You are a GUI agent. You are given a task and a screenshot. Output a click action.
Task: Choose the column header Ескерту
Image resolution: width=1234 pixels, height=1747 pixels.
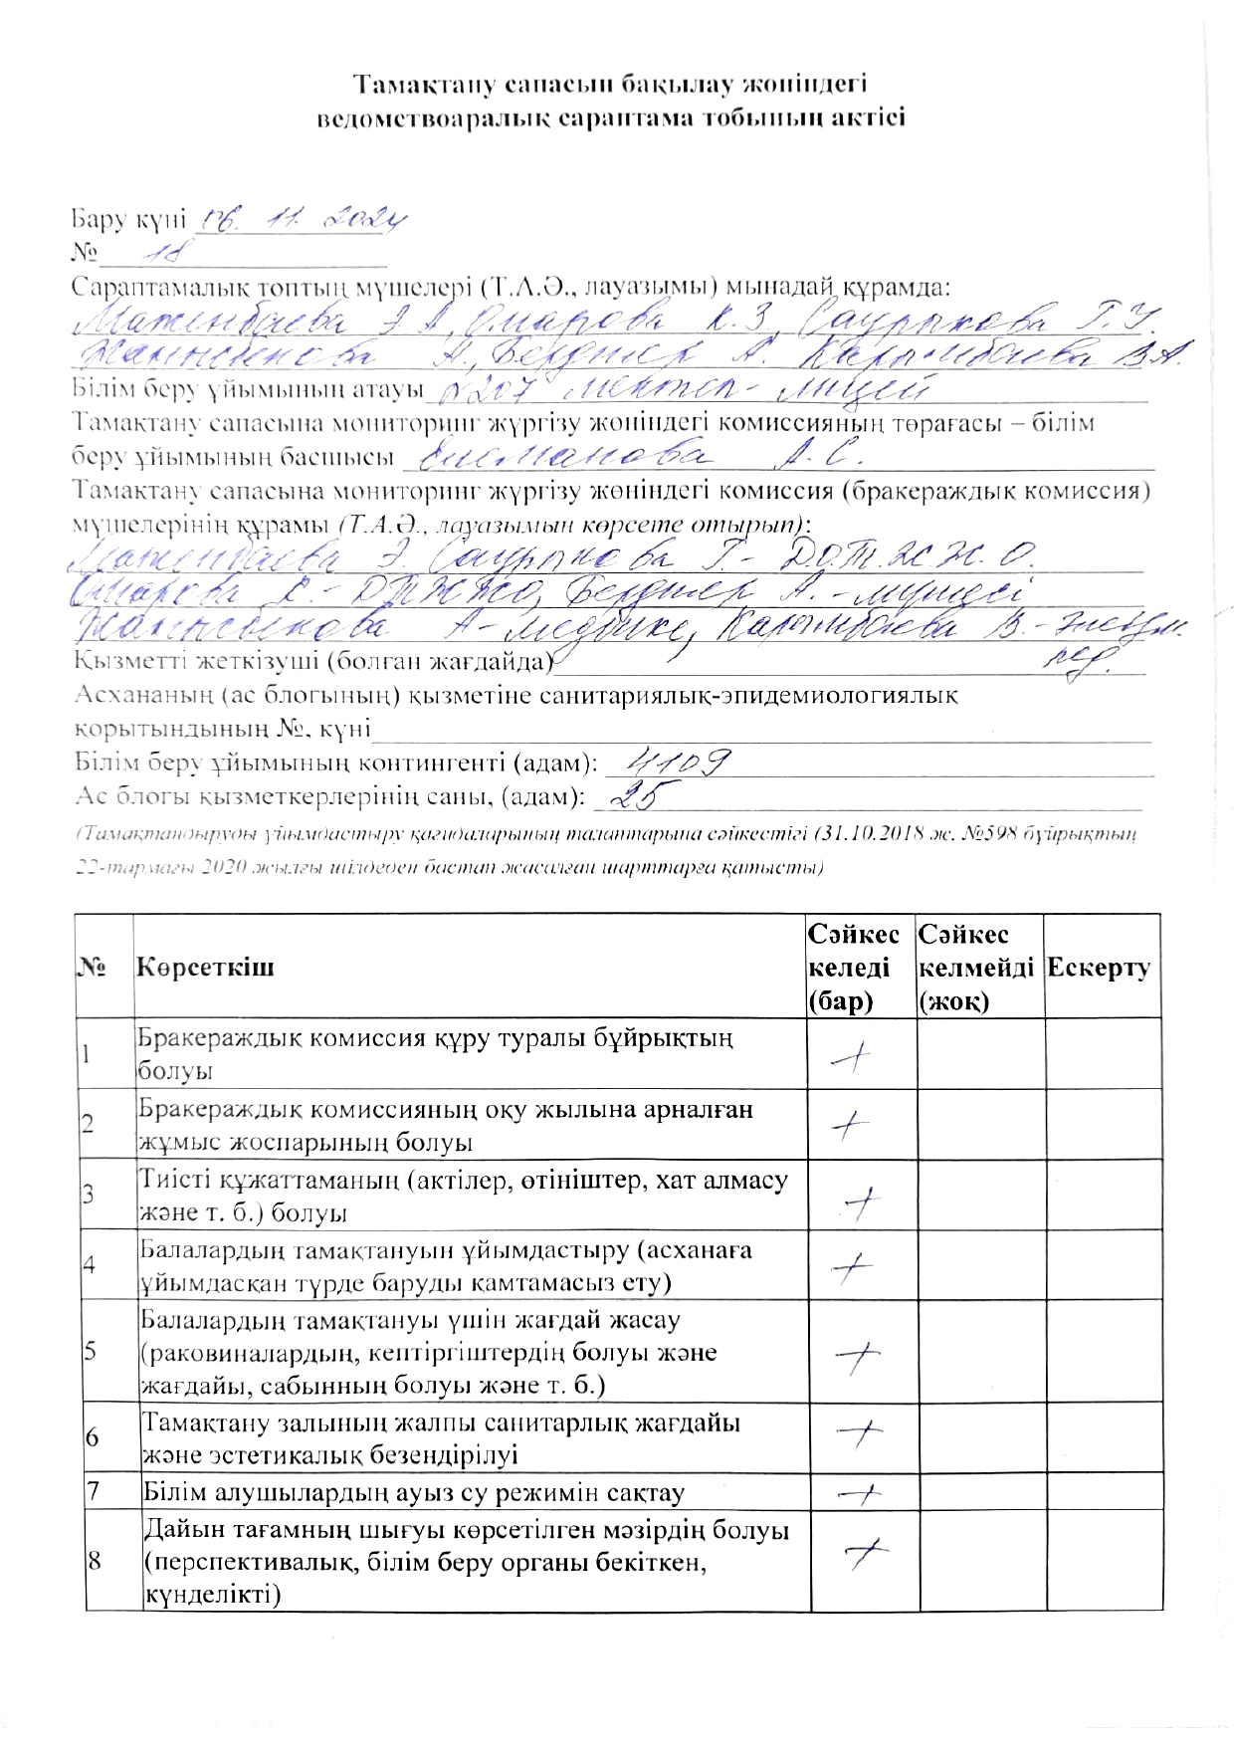coord(1101,968)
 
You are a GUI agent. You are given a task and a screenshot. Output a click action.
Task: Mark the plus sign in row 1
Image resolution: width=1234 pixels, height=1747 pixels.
coord(851,1058)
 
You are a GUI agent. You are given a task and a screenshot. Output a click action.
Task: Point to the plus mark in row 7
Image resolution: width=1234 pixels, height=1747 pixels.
coord(859,1492)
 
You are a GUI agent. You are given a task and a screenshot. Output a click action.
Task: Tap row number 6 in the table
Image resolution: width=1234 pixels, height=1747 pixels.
coord(93,1438)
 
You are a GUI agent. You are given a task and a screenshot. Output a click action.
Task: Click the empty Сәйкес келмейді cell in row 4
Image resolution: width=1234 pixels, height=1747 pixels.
coord(979,1264)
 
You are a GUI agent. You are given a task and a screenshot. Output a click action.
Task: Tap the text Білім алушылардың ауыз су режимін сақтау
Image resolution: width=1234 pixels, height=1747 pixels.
coord(414,1493)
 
